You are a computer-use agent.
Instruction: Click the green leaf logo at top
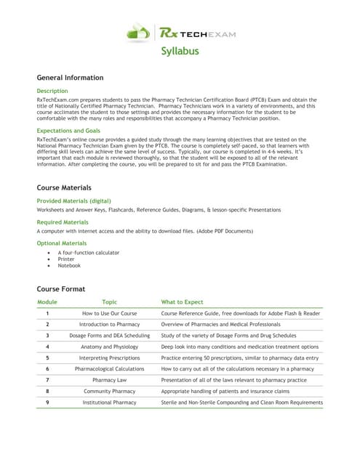[x=139, y=31]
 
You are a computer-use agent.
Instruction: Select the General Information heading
[x=70, y=78]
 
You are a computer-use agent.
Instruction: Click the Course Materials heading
[x=64, y=187]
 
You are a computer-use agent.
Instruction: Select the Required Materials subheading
[x=63, y=222]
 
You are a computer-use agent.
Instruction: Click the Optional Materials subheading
[x=62, y=243]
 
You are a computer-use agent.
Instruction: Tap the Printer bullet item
[x=65, y=259]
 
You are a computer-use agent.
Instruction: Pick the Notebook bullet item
[x=69, y=265]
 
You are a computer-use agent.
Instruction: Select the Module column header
[x=47, y=301]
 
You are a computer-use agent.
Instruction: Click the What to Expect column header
[x=183, y=301]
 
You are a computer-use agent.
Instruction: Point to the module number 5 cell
[x=47, y=357]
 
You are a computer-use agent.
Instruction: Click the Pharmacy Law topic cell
[x=109, y=380]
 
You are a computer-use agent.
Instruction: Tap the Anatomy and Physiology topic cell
[x=109, y=347]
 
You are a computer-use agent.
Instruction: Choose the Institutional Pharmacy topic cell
[x=109, y=402]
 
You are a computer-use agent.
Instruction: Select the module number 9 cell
[x=47, y=402]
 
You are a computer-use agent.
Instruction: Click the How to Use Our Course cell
[x=109, y=313]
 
